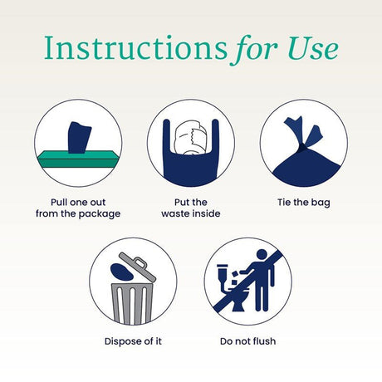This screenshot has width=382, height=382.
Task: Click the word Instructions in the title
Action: [x=135, y=47]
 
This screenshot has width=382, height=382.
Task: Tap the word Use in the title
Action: [x=313, y=47]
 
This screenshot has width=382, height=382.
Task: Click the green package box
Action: [x=79, y=159]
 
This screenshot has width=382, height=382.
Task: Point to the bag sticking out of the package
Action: [x=79, y=138]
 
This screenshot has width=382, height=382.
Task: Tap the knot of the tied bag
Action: [x=303, y=147]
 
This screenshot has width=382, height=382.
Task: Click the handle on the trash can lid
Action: [x=140, y=262]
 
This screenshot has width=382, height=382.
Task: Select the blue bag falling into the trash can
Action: [x=121, y=272]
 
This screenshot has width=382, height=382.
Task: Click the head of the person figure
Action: [x=262, y=255]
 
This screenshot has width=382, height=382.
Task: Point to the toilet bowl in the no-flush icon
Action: [x=238, y=299]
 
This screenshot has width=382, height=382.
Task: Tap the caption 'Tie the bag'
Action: [x=304, y=203]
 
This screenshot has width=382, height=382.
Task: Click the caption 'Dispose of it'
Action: [x=133, y=341]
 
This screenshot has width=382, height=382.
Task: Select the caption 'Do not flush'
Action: [x=247, y=341]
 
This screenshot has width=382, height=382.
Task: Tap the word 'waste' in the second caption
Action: [x=174, y=213]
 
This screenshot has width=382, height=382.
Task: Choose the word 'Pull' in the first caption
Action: [x=59, y=202]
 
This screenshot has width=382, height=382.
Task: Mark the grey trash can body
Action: [x=132, y=304]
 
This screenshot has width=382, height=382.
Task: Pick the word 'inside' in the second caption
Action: [x=205, y=213]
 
